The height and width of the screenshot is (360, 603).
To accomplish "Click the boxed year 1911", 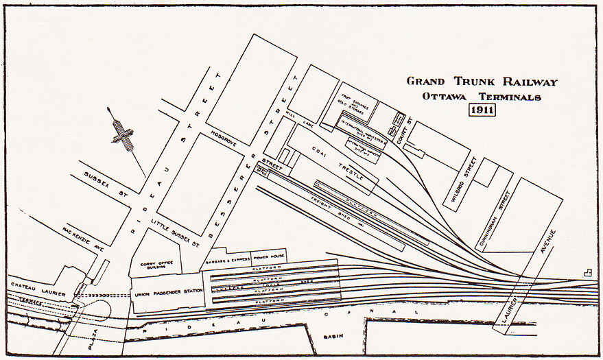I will point(482,110).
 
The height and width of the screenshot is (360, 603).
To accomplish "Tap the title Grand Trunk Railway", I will point(482,82).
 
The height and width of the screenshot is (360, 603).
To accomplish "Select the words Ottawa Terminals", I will point(482,97).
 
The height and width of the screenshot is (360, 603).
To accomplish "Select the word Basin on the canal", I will point(334,337).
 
